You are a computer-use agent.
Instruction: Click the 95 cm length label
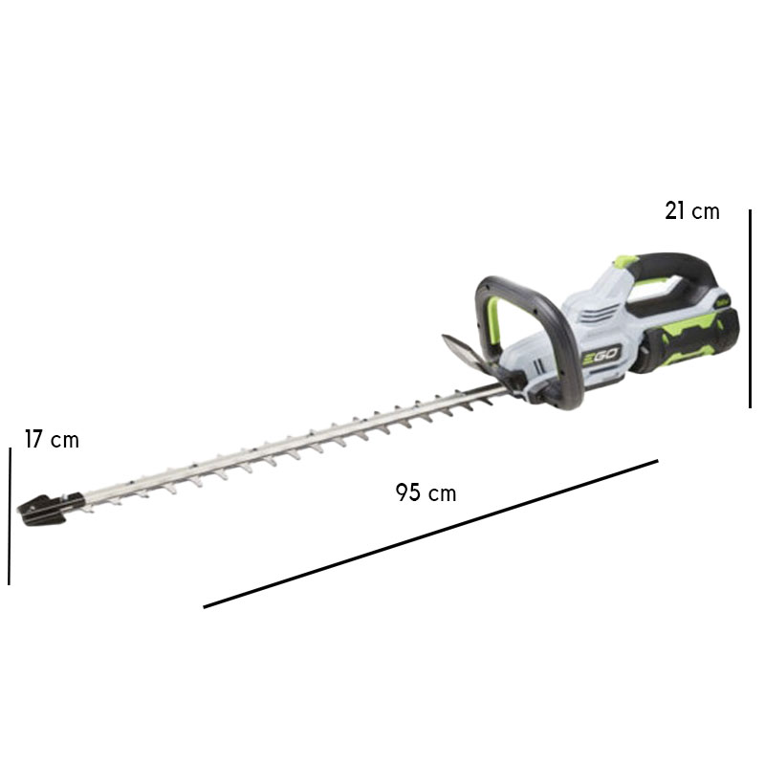tap(426, 493)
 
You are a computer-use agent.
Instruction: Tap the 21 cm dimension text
tap(691, 211)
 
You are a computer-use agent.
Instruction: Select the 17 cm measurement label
tap(52, 440)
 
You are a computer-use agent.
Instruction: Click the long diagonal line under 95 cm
tap(430, 534)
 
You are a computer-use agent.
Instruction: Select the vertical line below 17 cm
tap(10, 516)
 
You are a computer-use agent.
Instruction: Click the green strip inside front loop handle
tap(497, 316)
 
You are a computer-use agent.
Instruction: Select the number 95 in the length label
tap(408, 493)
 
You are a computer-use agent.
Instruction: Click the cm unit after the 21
tap(706, 211)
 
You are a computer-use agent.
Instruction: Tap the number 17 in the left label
tap(34, 440)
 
